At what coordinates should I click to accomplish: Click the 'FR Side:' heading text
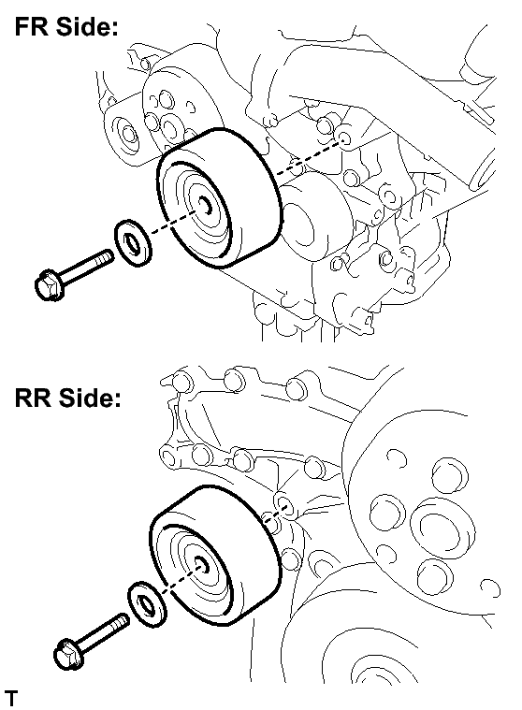point(66,27)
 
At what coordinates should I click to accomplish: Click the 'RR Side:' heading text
point(68,398)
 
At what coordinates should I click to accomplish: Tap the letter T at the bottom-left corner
point(10,699)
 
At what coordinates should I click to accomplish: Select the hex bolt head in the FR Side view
point(49,284)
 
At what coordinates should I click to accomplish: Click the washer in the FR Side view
point(132,243)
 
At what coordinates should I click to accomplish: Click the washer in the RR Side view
point(147,604)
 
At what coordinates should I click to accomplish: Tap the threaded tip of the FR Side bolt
point(106,256)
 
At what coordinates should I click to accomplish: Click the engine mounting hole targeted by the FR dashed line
point(344,139)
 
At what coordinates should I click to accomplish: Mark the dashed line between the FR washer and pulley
point(173,222)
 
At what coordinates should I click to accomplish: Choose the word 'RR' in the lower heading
point(33,398)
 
